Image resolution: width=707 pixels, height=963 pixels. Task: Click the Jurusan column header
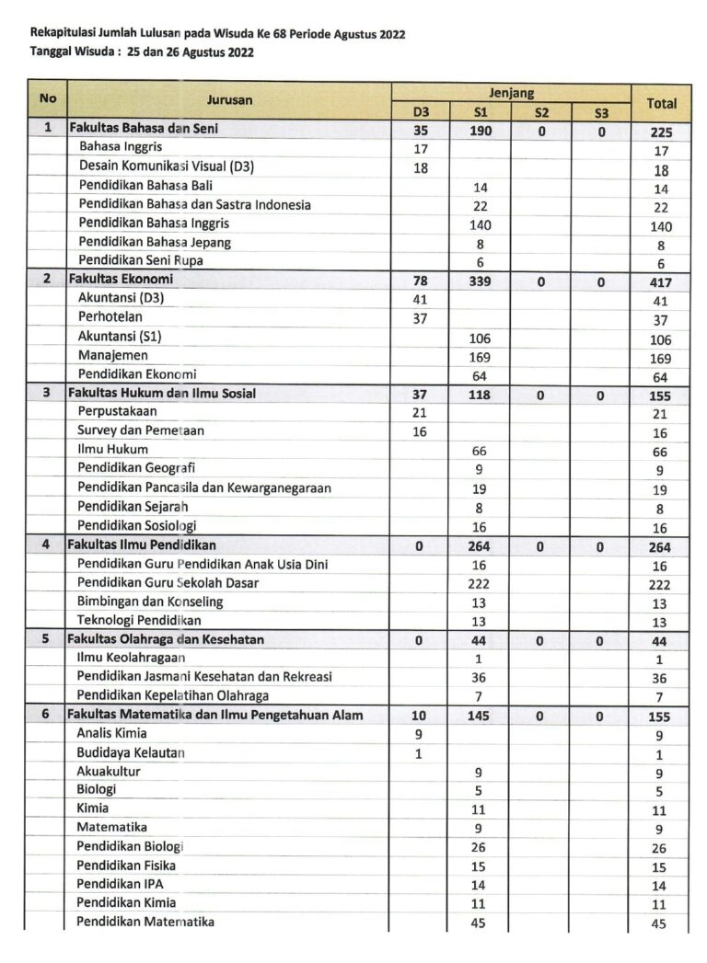[229, 99]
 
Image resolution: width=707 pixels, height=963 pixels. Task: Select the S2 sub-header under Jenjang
[540, 113]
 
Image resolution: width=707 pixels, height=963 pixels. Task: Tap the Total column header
[661, 103]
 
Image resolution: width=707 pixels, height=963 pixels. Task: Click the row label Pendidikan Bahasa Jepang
[155, 243]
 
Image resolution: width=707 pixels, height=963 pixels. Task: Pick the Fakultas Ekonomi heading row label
[121, 280]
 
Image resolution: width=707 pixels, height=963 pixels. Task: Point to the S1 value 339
[479, 282]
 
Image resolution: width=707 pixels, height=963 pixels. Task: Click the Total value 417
[661, 283]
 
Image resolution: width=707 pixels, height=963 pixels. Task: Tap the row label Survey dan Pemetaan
[141, 430]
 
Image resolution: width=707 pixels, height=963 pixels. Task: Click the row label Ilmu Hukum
[112, 450]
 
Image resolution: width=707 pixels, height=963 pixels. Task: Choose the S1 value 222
[479, 583]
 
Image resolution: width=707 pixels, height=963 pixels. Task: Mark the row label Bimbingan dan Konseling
[149, 602]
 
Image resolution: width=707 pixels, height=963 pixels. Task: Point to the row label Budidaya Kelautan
[131, 752]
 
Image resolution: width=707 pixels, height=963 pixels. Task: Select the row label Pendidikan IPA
[120, 884]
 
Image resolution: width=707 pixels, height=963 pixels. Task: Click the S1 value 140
[479, 224]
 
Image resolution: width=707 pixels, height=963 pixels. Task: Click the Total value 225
[661, 132]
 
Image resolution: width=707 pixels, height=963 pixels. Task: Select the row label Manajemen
[112, 355]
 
